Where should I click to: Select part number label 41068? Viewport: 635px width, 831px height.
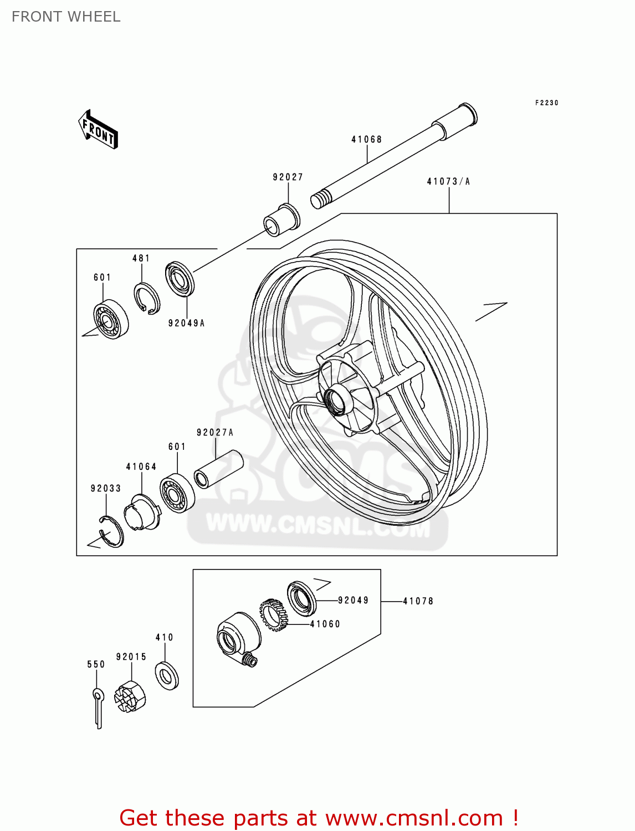point(366,140)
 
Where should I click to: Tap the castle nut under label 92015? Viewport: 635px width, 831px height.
point(130,696)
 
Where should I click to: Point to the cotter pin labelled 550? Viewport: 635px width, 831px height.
point(98,707)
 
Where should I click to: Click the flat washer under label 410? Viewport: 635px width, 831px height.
point(166,675)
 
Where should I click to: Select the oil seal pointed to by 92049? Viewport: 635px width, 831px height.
point(302,598)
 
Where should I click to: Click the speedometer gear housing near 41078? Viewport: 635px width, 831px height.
point(237,636)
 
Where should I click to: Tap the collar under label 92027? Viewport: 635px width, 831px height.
point(281,219)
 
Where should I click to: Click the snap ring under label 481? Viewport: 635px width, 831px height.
point(147,299)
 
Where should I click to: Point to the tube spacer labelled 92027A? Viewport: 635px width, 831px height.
point(219,469)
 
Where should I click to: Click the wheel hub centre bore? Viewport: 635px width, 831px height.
point(336,399)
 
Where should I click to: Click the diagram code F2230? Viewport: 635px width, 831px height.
point(546,103)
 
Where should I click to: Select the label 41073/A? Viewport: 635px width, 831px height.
point(448,182)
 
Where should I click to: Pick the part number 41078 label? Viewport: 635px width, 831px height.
point(418,601)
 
